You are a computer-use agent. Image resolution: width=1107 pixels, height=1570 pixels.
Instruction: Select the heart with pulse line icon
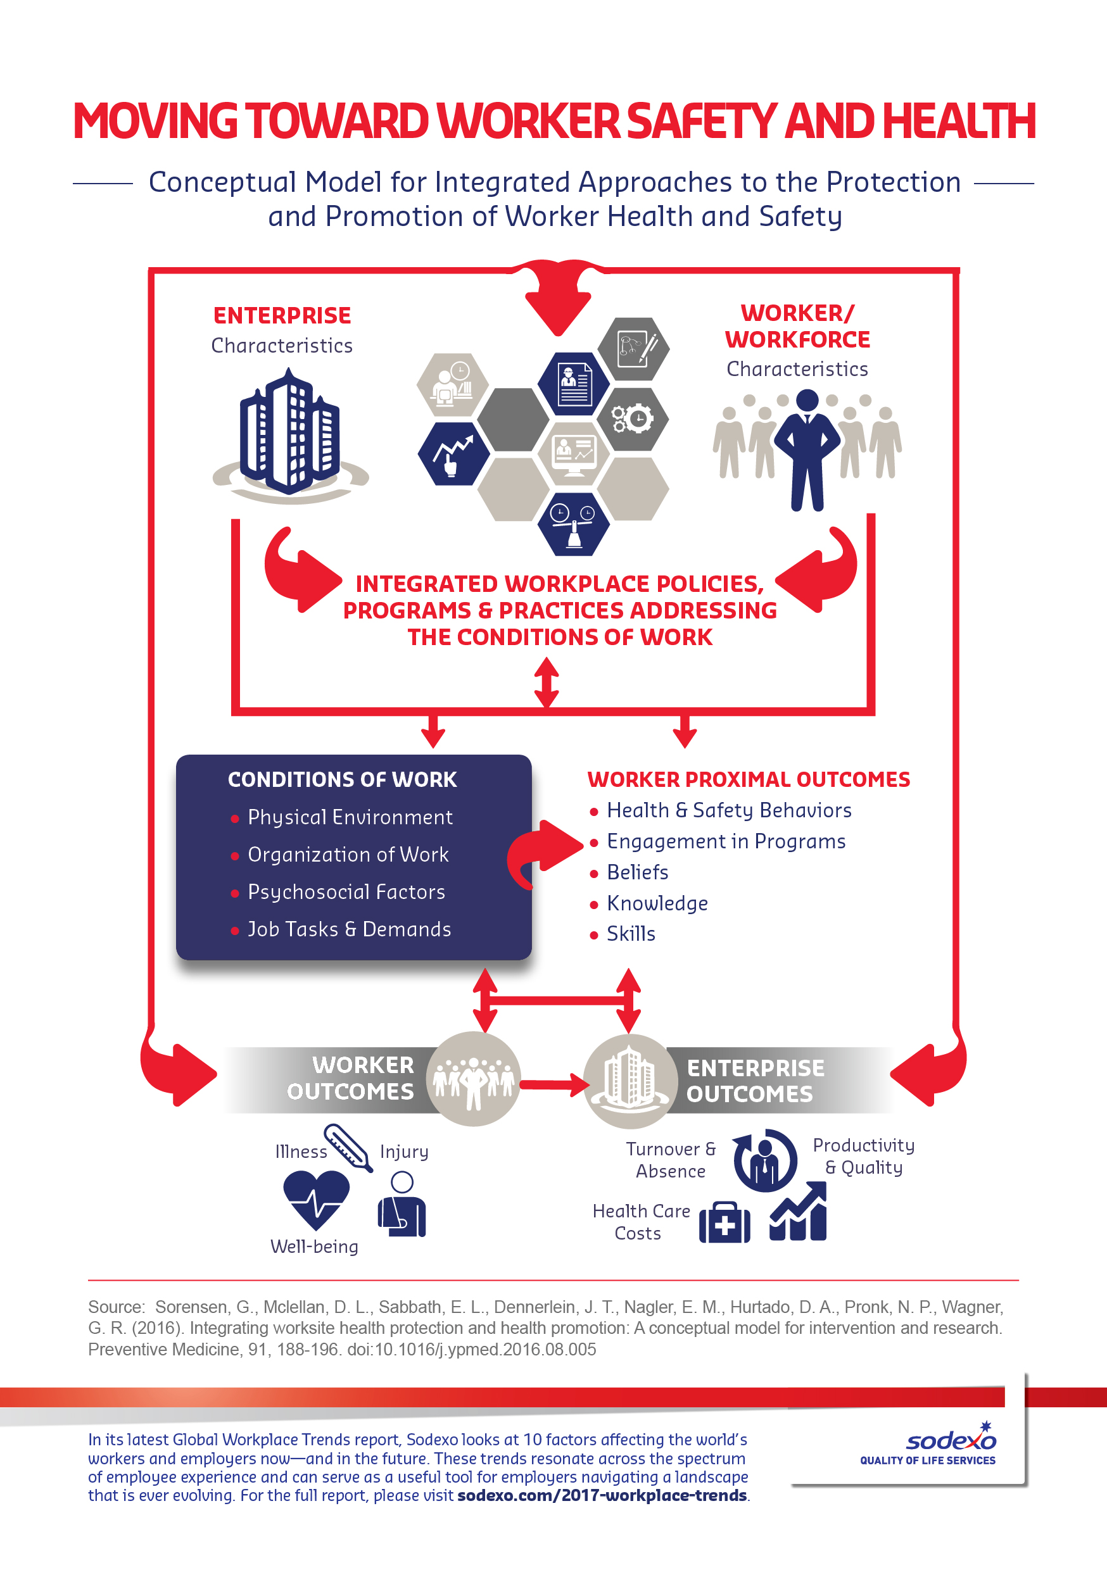tap(316, 1200)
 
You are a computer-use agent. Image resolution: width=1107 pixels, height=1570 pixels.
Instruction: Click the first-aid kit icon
tap(724, 1222)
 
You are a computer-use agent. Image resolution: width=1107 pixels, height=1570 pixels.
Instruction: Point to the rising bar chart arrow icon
tap(798, 1211)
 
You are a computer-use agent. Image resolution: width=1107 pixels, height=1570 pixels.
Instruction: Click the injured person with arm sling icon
tap(402, 1204)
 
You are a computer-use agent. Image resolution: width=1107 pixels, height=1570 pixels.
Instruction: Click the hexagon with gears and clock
tap(633, 418)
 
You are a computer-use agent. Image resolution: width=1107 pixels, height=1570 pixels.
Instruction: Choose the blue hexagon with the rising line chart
tap(453, 453)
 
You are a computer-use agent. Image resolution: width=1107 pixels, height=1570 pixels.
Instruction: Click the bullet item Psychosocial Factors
tap(346, 892)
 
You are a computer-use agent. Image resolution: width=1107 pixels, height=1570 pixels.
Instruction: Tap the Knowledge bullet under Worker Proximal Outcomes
tap(657, 903)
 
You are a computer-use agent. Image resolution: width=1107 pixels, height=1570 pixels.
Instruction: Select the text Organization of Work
tap(348, 855)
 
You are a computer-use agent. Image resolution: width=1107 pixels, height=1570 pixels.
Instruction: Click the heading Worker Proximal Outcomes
tap(749, 779)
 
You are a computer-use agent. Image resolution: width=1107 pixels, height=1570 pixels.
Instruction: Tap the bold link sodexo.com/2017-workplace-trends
tap(602, 1495)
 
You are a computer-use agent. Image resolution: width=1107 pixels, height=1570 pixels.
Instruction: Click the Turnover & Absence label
tap(671, 1160)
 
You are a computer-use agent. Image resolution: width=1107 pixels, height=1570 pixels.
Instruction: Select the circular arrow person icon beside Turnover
tap(765, 1160)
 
